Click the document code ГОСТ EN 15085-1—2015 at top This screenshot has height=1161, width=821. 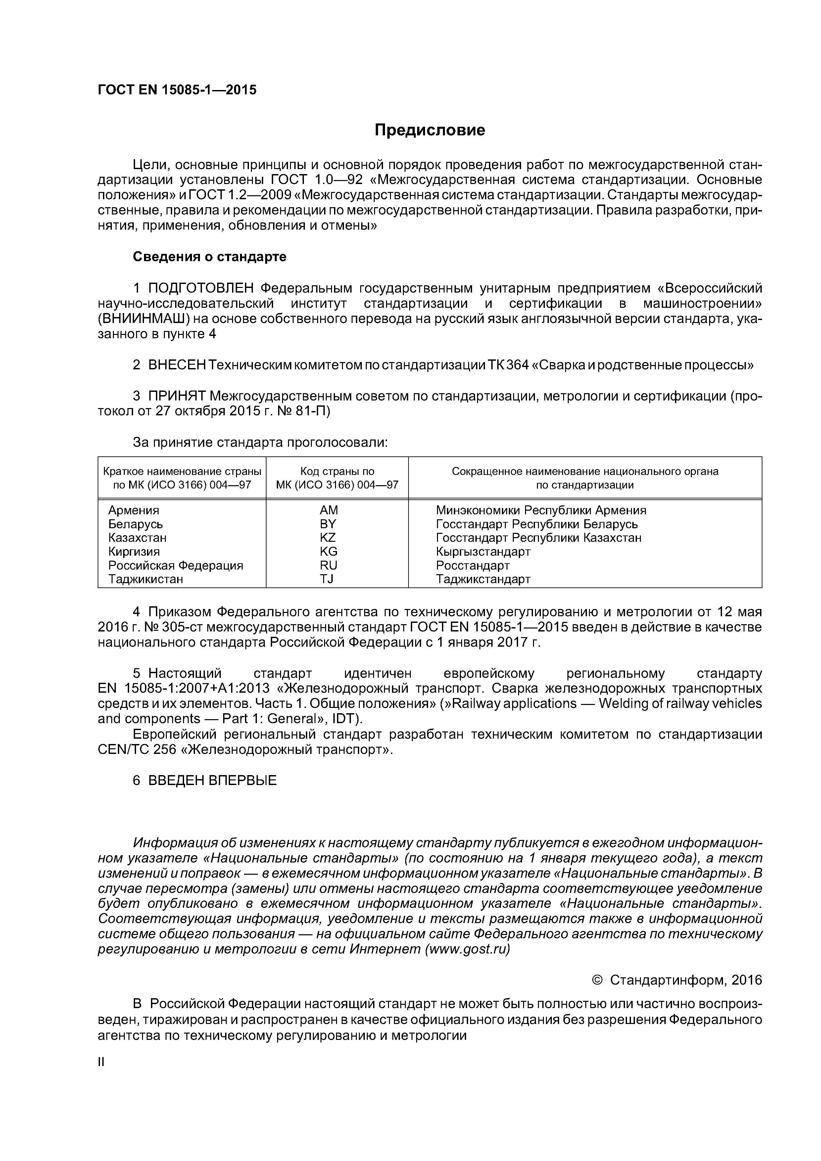177,90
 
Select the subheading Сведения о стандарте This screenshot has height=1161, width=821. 210,257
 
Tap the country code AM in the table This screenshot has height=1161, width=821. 329,510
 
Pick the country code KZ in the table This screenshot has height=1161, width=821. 328,537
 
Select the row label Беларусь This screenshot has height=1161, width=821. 136,524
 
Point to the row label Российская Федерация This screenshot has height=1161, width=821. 175,565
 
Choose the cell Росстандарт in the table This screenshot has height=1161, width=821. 472,565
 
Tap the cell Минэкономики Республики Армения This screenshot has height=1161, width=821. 541,510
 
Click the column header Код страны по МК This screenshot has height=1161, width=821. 337,478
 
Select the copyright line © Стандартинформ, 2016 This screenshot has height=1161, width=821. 676,981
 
